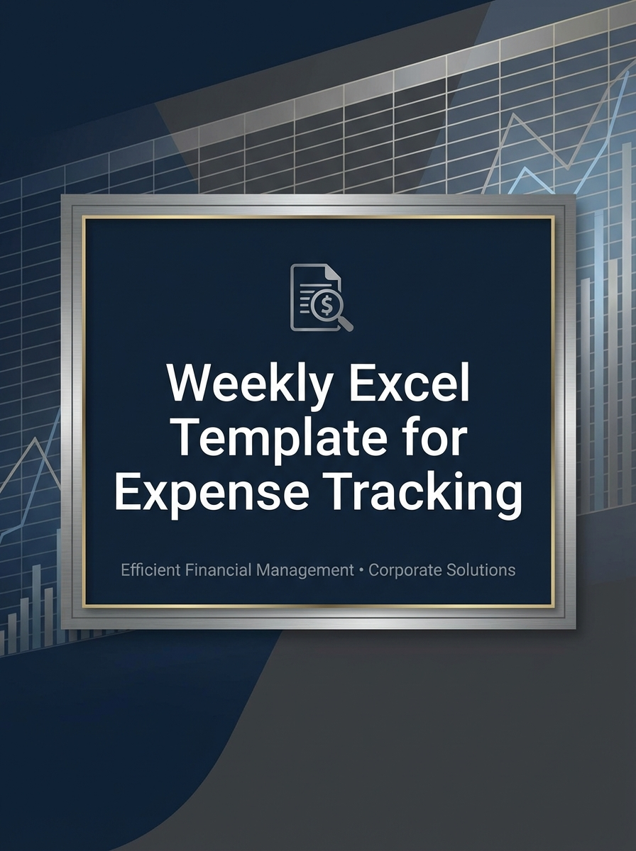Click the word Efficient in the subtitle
click(x=151, y=569)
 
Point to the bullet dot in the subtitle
click(x=362, y=570)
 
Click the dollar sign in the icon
click(x=326, y=305)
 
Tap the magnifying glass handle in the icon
click(x=346, y=324)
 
